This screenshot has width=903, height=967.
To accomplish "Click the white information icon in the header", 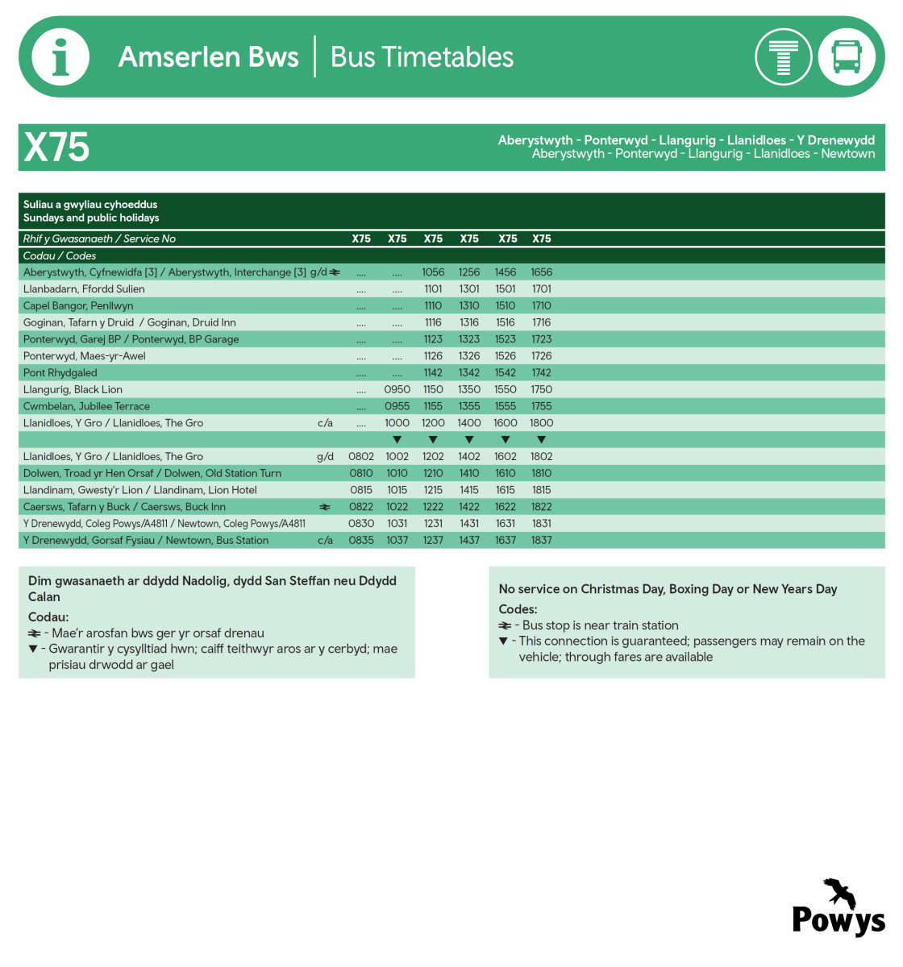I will pyautogui.click(x=60, y=57).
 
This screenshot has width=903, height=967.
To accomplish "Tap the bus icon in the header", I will pyautogui.click(x=847, y=57).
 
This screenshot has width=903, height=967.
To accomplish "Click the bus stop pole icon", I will pyautogui.click(x=783, y=57).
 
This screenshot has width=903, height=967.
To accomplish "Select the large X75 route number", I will pyautogui.click(x=56, y=147).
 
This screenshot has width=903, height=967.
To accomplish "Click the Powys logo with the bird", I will pyautogui.click(x=838, y=908).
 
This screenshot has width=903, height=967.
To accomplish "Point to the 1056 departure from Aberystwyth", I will pyautogui.click(x=433, y=272).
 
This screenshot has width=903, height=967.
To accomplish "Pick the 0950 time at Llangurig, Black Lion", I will pyautogui.click(x=397, y=389).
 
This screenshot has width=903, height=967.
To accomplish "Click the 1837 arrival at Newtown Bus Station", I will pyautogui.click(x=541, y=540).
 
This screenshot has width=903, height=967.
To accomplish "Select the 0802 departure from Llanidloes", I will pyautogui.click(x=361, y=456).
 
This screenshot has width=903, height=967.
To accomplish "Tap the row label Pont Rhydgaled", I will pyautogui.click(x=60, y=372).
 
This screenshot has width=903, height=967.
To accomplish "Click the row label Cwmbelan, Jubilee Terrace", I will pyautogui.click(x=86, y=406).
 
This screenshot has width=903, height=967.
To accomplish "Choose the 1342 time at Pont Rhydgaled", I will pyautogui.click(x=469, y=372).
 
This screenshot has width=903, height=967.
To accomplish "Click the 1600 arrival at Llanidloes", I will pyautogui.click(x=506, y=423).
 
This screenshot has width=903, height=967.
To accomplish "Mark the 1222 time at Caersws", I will pyautogui.click(x=433, y=507).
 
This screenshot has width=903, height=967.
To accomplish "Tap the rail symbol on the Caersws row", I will pyautogui.click(x=325, y=507).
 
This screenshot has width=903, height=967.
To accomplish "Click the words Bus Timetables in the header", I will pyautogui.click(x=422, y=57).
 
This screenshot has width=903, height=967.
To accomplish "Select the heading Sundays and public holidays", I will pyautogui.click(x=91, y=218).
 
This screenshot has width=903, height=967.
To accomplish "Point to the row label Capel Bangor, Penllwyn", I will pyautogui.click(x=78, y=305).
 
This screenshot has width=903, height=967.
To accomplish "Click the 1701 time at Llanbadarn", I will pyautogui.click(x=541, y=288).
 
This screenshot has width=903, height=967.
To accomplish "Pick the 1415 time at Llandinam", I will pyautogui.click(x=469, y=490).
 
